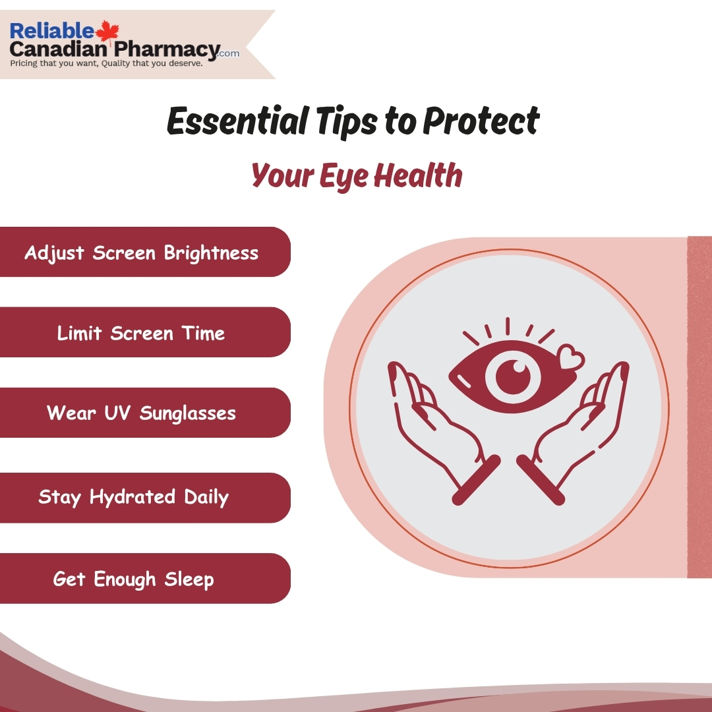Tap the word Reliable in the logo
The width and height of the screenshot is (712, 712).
(52, 31)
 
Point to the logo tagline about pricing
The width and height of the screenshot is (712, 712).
(105, 64)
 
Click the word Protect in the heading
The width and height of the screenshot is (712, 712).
(481, 121)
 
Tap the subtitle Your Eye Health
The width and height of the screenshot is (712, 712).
(357, 175)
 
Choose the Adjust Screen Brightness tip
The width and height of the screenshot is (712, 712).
(142, 253)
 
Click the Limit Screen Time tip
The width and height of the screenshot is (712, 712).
(141, 333)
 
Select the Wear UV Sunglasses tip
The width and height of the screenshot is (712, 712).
(141, 413)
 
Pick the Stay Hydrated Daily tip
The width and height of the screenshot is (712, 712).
(134, 497)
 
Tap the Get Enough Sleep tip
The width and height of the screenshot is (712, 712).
(134, 579)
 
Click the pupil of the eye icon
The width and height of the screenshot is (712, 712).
(508, 375)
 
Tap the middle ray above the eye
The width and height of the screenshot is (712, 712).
(508, 326)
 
